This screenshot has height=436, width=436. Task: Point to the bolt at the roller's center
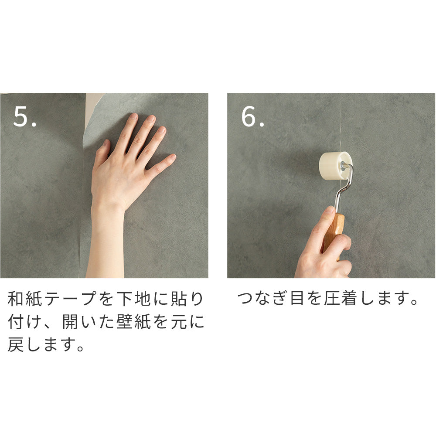[x=343, y=166]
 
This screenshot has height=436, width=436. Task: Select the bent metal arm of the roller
[x=344, y=189]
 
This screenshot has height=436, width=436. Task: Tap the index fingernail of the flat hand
[x=134, y=116]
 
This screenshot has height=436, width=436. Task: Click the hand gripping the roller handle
[x=323, y=248]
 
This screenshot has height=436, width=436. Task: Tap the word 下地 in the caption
[x=133, y=299]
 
